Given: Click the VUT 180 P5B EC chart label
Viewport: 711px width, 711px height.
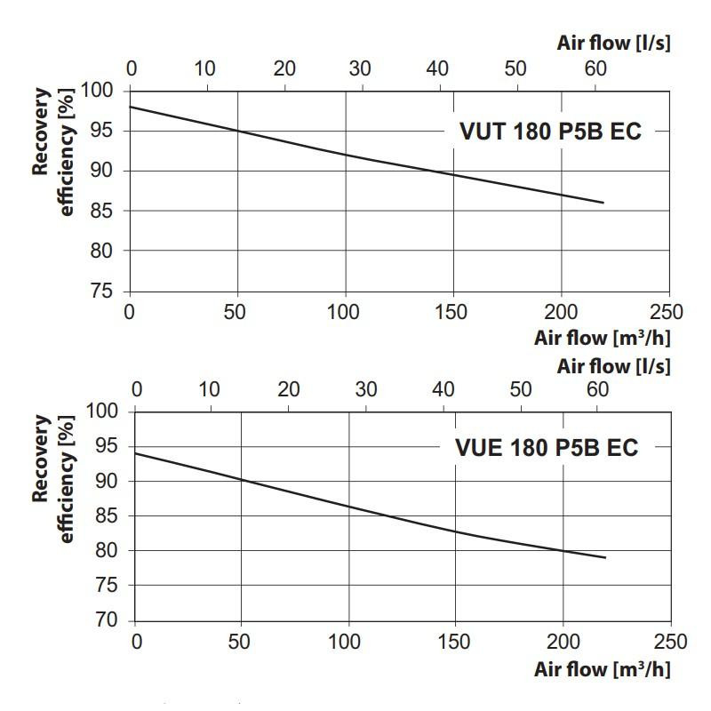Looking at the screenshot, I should click(x=549, y=132).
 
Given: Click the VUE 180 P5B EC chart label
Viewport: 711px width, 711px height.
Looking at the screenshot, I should click(x=547, y=448).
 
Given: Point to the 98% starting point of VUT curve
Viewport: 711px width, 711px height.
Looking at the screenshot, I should click(x=131, y=107).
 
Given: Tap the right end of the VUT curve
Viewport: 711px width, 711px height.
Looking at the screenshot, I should click(x=603, y=203).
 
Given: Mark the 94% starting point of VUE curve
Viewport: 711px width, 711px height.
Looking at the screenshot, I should click(x=135, y=453).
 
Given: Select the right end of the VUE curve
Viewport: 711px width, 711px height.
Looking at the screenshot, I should click(x=605, y=557).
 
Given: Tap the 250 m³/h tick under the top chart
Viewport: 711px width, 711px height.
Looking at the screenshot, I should click(x=667, y=312).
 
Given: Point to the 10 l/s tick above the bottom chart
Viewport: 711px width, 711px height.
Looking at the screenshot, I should click(x=210, y=389).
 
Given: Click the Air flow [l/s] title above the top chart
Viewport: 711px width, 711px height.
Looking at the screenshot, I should click(x=614, y=43).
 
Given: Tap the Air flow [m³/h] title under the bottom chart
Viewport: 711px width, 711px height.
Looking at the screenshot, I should click(x=603, y=670).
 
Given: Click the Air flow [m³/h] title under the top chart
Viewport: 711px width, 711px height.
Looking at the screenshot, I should click(x=603, y=339).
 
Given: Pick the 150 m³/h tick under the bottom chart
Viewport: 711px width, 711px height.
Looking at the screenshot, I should click(x=455, y=641).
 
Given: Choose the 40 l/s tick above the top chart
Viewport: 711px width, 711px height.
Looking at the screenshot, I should click(x=437, y=69).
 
